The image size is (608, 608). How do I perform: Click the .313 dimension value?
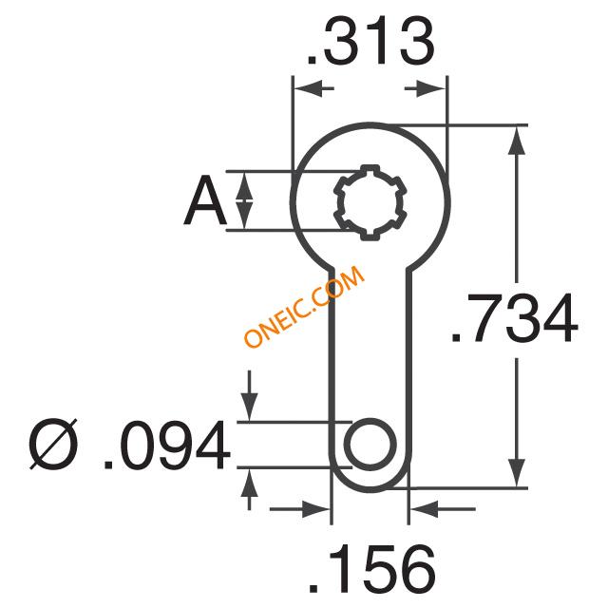click(x=370, y=42)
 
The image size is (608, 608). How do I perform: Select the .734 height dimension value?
click(x=515, y=318)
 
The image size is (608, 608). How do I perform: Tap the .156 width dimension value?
click(x=372, y=569)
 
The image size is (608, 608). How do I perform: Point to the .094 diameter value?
click(x=167, y=445)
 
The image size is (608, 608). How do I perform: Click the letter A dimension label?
click(x=205, y=200)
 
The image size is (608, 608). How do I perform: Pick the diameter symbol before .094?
click(x=53, y=445)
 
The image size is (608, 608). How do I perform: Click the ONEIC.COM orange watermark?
click(x=304, y=306)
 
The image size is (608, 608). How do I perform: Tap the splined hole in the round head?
click(x=370, y=202)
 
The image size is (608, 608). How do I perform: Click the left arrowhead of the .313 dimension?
click(x=309, y=88)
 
